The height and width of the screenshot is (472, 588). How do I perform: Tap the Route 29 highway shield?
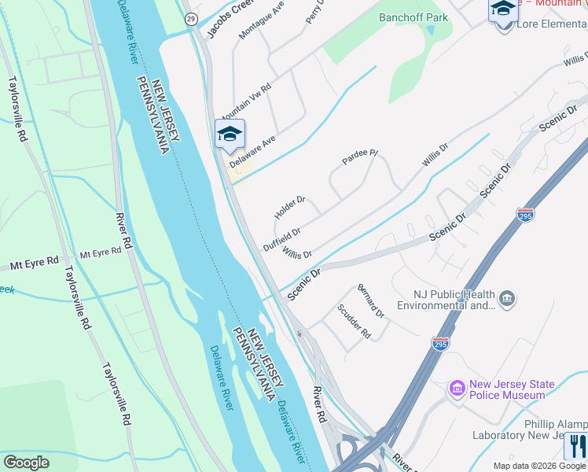(191, 18)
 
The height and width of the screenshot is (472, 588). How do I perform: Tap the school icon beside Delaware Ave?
(230, 133)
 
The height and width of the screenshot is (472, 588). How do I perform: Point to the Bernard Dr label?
(370, 301)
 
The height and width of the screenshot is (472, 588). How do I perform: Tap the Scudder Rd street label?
(354, 322)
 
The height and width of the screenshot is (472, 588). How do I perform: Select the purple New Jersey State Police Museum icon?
(457, 389)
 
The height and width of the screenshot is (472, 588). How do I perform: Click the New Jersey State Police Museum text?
(512, 389)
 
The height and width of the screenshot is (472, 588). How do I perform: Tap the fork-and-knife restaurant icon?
(576, 445)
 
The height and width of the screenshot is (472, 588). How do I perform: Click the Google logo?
(26, 463)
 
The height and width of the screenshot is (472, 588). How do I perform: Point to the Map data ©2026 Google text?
(540, 466)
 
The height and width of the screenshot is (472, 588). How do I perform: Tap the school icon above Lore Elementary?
(503, 10)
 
